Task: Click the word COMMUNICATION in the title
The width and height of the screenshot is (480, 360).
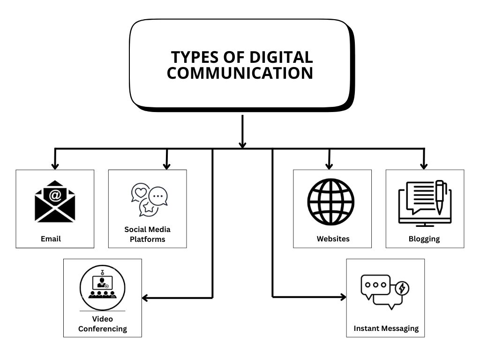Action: click(x=240, y=73)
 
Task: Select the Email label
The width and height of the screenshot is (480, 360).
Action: click(x=51, y=239)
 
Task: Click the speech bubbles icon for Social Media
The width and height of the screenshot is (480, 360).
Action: click(x=149, y=200)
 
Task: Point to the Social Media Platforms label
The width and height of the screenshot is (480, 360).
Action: click(x=147, y=234)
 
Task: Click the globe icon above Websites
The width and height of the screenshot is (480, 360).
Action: click(x=331, y=202)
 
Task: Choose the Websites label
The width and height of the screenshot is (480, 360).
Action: click(x=333, y=239)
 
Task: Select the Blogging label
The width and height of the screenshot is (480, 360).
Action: click(x=424, y=239)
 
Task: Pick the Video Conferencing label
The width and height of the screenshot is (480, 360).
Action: click(x=102, y=324)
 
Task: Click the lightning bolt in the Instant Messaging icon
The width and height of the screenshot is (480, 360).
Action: click(x=401, y=289)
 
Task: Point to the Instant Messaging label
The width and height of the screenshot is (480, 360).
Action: click(x=386, y=328)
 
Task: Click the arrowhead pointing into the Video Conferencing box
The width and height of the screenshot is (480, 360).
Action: click(x=145, y=297)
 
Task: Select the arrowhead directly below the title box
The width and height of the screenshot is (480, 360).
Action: click(x=242, y=144)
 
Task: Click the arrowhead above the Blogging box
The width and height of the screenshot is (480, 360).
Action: click(x=424, y=165)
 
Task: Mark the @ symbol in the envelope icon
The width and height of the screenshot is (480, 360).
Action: click(x=55, y=195)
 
